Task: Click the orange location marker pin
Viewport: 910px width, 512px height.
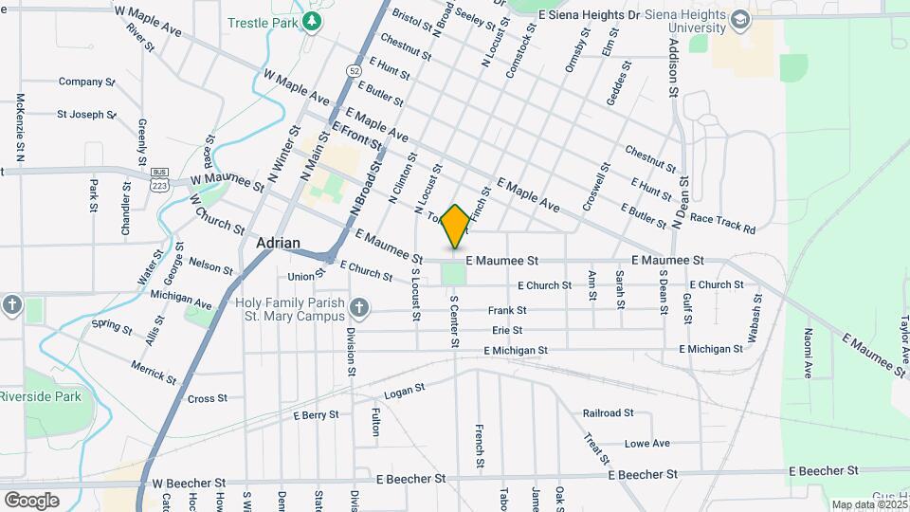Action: tap(455, 226)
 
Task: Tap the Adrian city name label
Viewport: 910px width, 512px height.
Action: tap(279, 243)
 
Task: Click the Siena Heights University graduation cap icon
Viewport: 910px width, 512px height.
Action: tap(737, 17)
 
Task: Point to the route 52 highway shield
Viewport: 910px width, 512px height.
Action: tap(354, 70)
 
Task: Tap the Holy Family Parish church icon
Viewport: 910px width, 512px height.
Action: tap(358, 306)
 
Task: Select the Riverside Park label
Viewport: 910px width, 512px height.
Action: tap(40, 396)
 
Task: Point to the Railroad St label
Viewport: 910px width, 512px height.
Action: tap(608, 412)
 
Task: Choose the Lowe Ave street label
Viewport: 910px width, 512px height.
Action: tap(646, 443)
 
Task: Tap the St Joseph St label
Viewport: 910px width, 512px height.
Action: tap(86, 115)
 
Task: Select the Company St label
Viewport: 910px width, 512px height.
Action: tap(86, 82)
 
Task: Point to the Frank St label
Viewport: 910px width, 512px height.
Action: tap(506, 310)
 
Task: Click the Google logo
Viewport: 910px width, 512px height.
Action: tap(31, 500)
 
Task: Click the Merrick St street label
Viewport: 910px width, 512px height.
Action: tap(154, 371)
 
